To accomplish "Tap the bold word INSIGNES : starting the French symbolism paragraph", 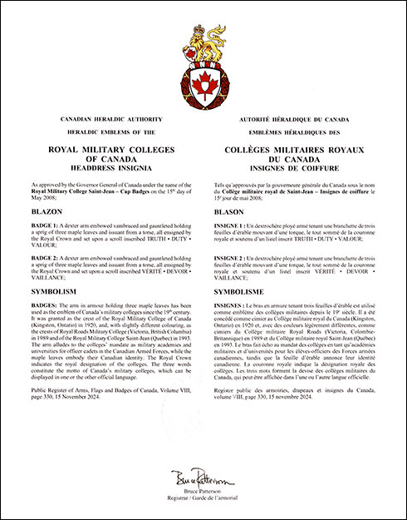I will coord(233,308).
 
